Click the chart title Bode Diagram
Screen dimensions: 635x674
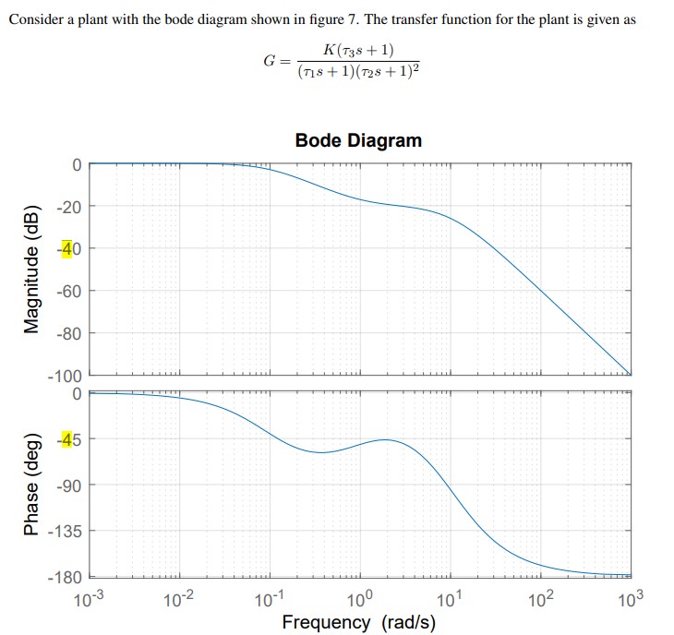click(358, 140)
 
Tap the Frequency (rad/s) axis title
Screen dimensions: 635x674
click(358, 622)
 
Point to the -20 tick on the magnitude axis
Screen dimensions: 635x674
click(69, 206)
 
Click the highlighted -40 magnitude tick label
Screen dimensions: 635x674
click(69, 248)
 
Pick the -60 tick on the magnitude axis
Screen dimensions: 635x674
click(69, 291)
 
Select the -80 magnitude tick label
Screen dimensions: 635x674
click(69, 333)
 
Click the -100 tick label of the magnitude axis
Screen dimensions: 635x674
click(66, 376)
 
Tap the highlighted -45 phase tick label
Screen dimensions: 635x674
click(69, 439)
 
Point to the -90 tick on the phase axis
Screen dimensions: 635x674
click(69, 485)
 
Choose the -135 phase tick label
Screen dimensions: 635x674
click(66, 532)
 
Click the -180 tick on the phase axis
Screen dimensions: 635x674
click(66, 578)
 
